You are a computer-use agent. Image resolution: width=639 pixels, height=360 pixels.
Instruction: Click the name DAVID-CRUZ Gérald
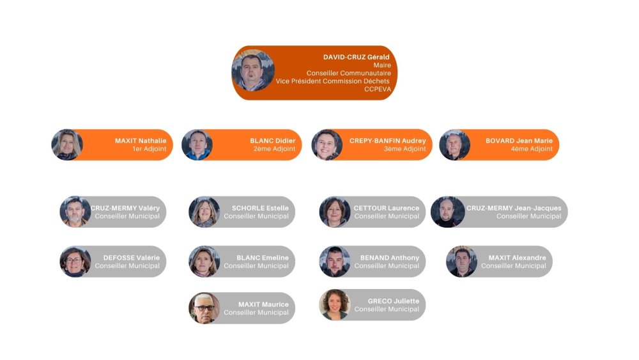pos(356,57)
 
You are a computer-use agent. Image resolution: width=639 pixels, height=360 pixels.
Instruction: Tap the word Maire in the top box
pos(381,65)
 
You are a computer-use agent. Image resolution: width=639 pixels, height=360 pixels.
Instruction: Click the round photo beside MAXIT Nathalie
pos(67,145)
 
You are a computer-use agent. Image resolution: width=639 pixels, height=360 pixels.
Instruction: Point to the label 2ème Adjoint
pos(274,149)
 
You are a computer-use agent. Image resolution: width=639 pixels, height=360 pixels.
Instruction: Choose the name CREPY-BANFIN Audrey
pos(387,141)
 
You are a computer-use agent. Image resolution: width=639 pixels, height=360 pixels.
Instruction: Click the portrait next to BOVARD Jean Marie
pos(455,145)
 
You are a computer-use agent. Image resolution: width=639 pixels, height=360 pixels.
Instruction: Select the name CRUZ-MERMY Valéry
pos(125,208)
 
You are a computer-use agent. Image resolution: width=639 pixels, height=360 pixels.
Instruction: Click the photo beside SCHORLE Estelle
pos(204,212)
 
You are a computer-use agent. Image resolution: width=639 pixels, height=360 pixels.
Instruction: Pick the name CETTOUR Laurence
pos(386,208)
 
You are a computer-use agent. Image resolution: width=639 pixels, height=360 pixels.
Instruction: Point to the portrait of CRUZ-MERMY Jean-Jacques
pos(447,212)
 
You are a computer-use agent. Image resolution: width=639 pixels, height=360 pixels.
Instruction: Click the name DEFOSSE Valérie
pos(132,258)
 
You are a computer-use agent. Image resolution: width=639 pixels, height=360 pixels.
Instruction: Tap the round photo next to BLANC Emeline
pos(204,262)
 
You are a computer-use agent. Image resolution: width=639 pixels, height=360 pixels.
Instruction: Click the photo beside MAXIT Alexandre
pos(461,262)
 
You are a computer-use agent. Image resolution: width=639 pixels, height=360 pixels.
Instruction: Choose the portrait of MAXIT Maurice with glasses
pos(204,308)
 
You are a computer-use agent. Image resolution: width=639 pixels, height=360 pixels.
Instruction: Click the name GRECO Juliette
pos(393,301)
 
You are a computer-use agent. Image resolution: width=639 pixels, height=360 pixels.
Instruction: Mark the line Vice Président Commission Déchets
pos(332,81)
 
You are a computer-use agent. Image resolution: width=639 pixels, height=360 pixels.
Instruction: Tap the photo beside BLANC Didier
pos(197,145)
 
